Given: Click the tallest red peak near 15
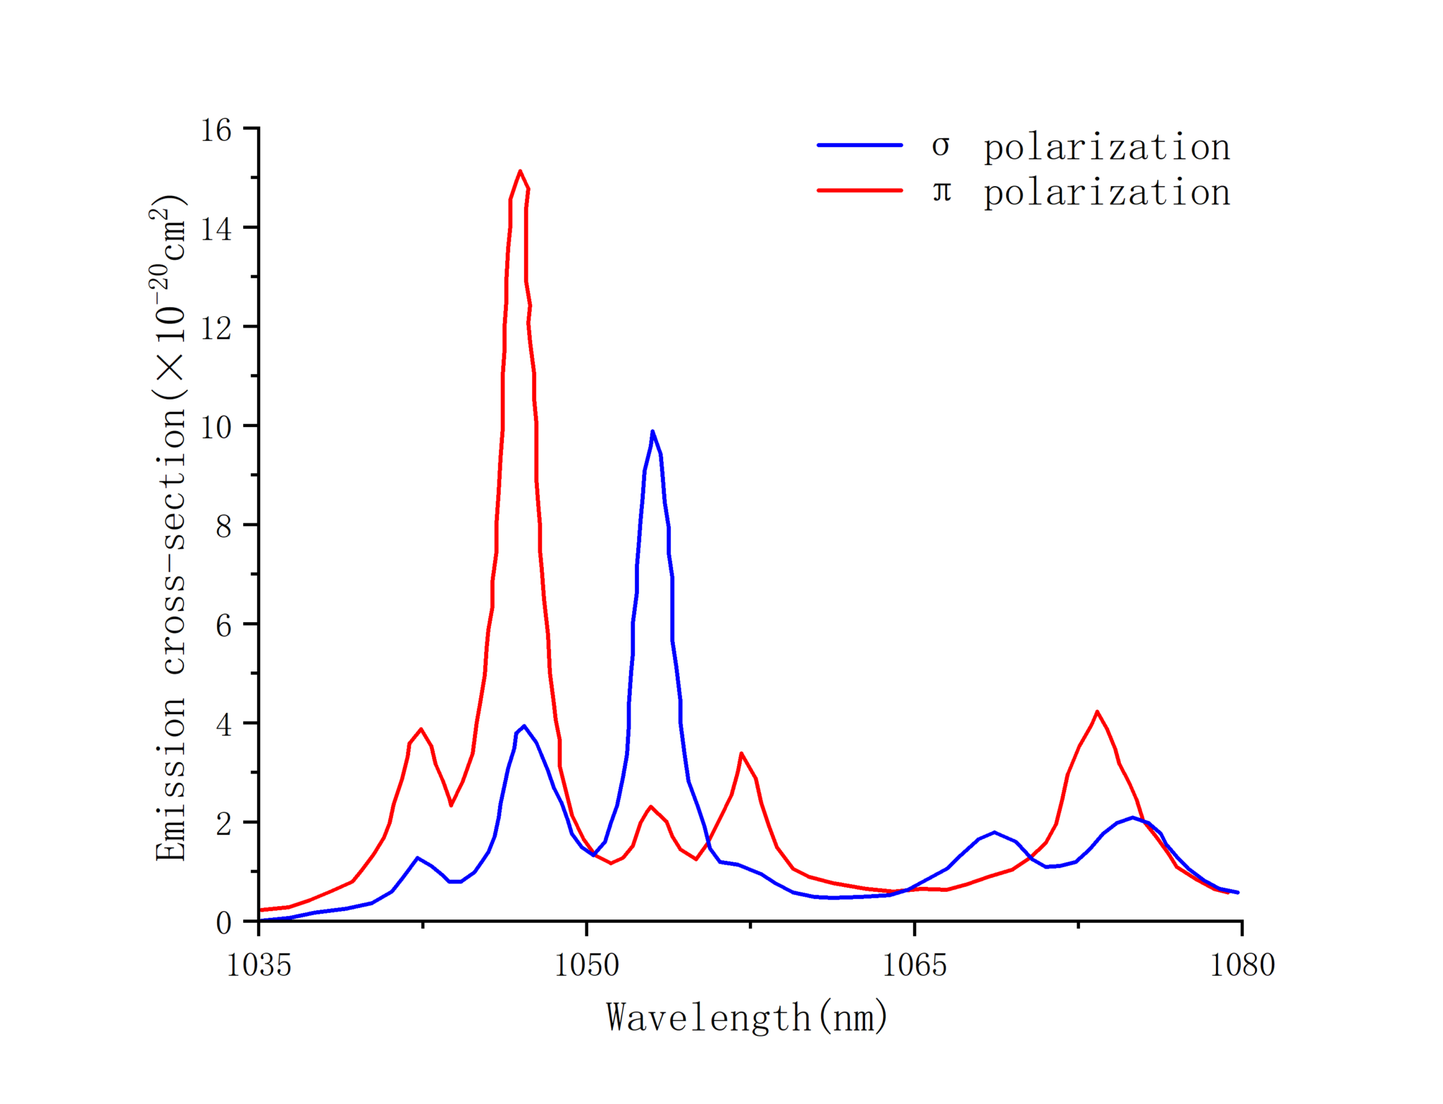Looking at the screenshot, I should coord(520,171).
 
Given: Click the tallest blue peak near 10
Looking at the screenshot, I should coord(652,431).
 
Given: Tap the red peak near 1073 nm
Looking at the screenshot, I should coord(1097,712).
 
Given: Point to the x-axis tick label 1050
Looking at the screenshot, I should coord(586,965).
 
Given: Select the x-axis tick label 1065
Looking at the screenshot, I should coord(915,965).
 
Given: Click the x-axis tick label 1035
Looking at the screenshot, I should coord(259,965).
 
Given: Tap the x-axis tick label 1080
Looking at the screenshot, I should coord(1242,965).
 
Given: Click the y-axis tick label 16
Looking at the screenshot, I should coord(216,130).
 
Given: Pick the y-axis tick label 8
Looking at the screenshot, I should coord(223,526).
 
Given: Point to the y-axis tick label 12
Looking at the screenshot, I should coord(216,328).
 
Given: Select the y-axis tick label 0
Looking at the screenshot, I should coord(223,923).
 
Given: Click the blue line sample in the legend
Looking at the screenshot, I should coord(860,145).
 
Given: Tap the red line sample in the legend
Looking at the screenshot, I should coord(860,190).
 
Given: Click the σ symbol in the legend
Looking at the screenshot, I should coord(941,147).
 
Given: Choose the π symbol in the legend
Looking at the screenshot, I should coord(942,192).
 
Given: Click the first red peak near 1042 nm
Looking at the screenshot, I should coord(421,729).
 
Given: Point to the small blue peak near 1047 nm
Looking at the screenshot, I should coord(524,726).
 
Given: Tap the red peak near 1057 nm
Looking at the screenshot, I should coord(741,753).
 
